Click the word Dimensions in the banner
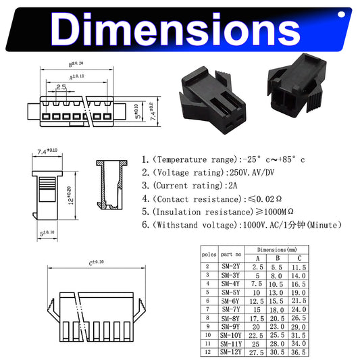click(x=175, y=29)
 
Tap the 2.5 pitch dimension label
click(x=61, y=87)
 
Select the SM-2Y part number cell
click(x=231, y=267)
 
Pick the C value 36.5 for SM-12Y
click(x=299, y=352)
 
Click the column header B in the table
click(x=278, y=258)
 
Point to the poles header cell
click(x=209, y=255)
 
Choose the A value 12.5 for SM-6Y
click(x=257, y=301)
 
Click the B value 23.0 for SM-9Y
click(x=277, y=327)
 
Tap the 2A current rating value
click(x=232, y=186)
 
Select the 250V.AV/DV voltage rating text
click(x=252, y=172)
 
